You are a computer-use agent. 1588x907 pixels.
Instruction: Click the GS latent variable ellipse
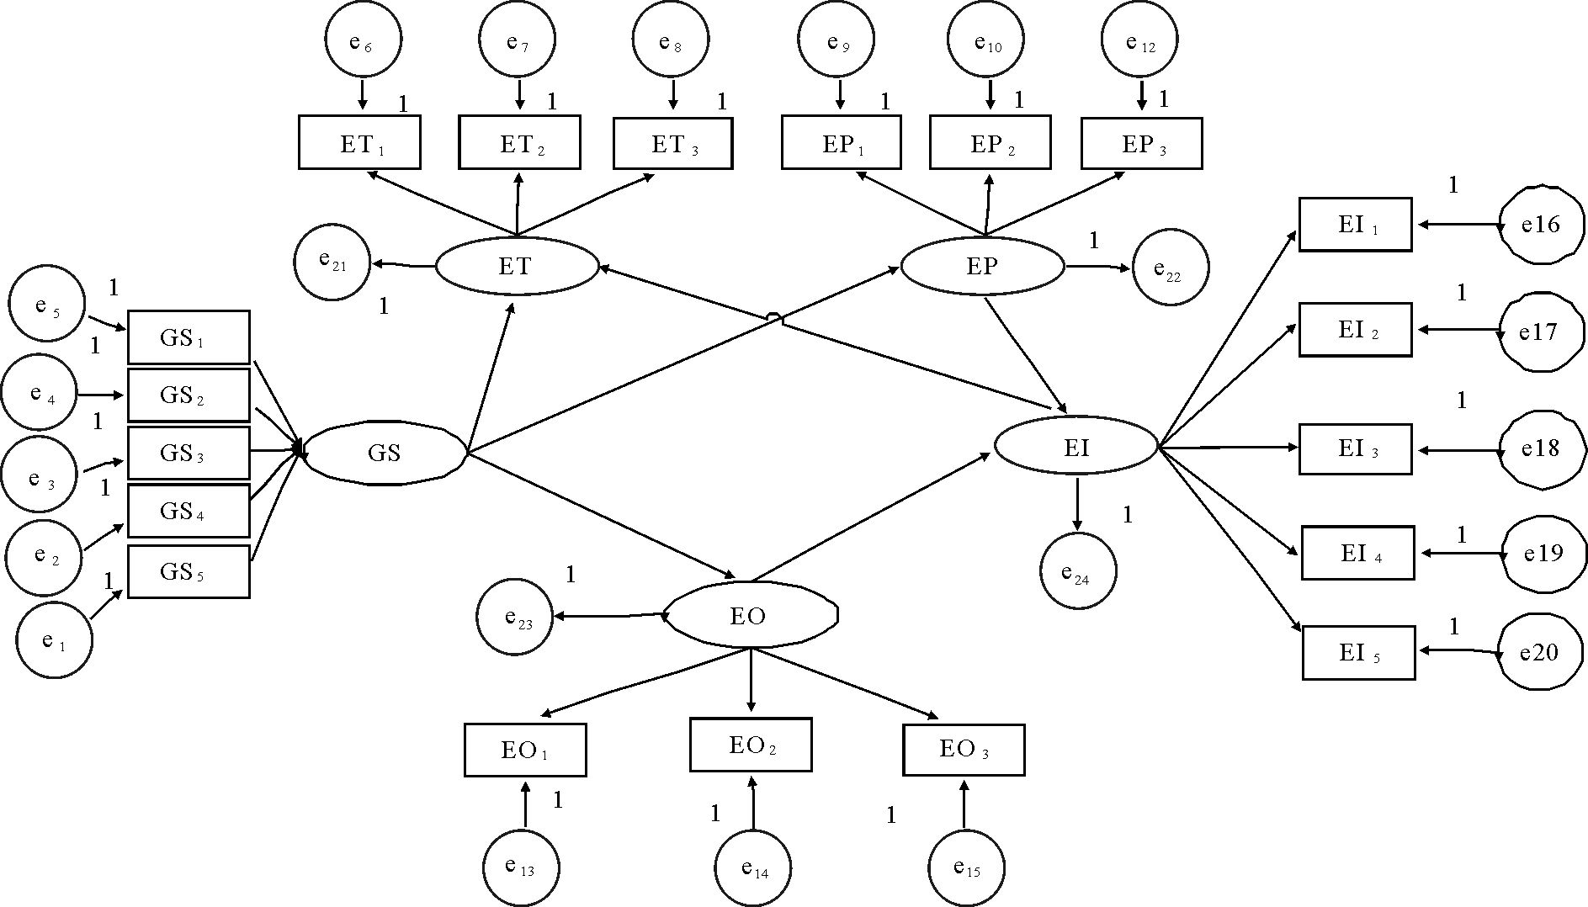coord(384,453)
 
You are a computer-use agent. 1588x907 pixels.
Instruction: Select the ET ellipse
coord(516,267)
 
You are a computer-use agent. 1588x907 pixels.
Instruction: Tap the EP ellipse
coord(982,267)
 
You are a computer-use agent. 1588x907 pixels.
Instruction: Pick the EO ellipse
coord(750,616)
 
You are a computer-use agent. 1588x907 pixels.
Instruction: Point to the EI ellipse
coord(1076,447)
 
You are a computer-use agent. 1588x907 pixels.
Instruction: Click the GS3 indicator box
coord(189,453)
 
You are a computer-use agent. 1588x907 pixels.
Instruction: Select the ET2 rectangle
coord(519,143)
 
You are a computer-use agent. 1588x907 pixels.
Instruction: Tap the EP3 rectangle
coord(1141,143)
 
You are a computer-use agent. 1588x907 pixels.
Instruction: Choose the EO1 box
coord(525,750)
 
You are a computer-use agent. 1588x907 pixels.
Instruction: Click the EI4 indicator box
coord(1357,553)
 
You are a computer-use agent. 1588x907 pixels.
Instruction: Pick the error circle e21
coord(332,263)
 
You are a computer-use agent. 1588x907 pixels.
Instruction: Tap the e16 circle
coord(1540,225)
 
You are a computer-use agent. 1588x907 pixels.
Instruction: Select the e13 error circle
coord(521,867)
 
